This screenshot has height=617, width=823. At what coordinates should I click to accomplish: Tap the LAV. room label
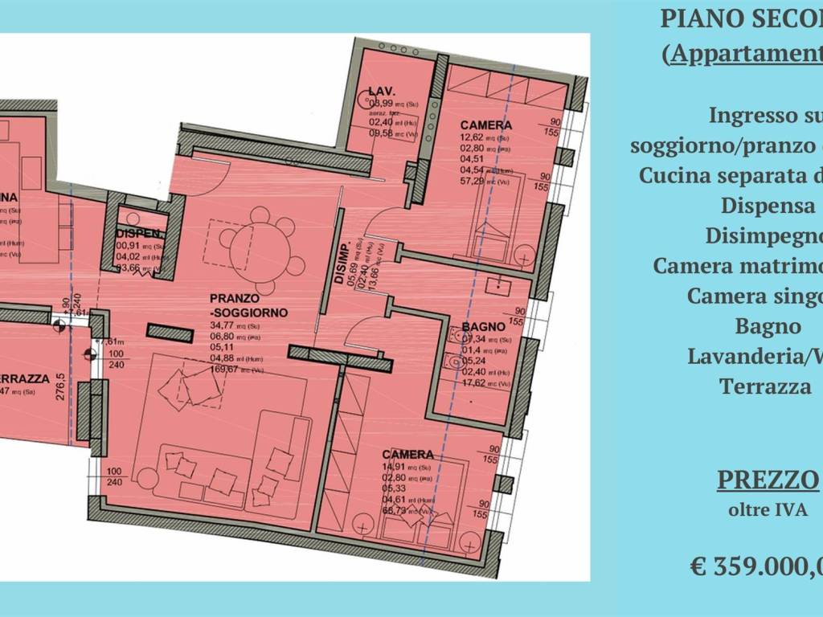(x=379, y=90)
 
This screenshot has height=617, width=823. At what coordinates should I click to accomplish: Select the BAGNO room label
(x=483, y=327)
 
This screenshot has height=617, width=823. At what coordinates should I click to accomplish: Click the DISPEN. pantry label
(x=141, y=235)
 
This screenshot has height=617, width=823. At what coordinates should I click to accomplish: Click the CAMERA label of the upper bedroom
(x=485, y=125)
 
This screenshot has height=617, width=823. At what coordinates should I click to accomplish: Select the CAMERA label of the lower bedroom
(x=407, y=454)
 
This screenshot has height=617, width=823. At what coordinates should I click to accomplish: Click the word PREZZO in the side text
(x=768, y=480)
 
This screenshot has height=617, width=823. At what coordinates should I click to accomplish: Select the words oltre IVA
(x=768, y=510)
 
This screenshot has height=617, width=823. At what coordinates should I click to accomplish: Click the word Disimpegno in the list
(x=764, y=236)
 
